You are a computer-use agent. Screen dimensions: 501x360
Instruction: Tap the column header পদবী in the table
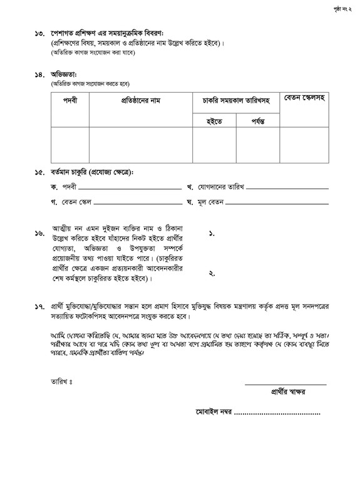tap(69, 101)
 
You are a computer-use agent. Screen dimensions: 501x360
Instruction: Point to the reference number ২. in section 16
tap(212, 273)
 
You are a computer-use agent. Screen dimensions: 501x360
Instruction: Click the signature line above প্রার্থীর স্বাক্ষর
tap(285, 384)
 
